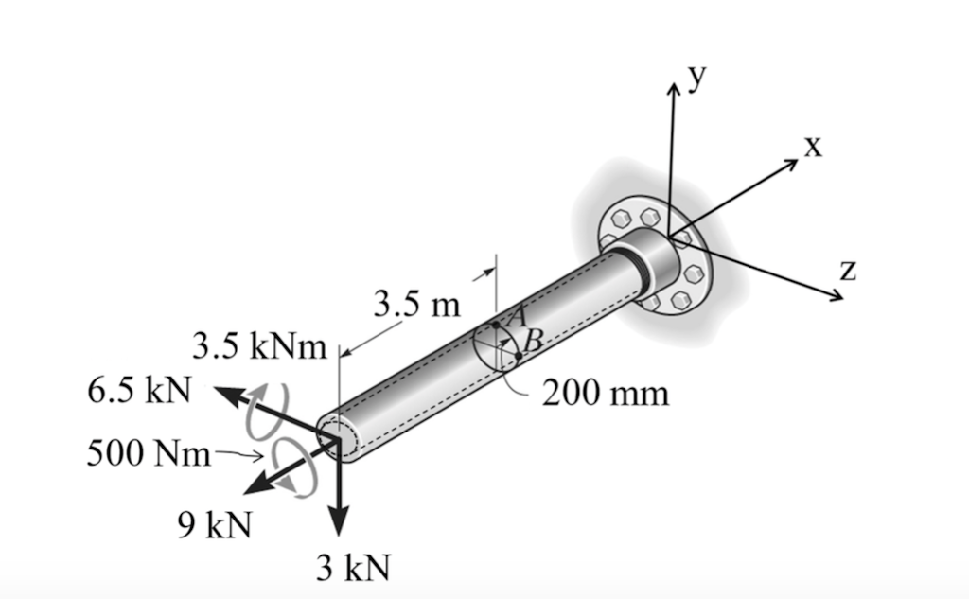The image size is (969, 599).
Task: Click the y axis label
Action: pos(697,78)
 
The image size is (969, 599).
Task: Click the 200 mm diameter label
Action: pos(606,392)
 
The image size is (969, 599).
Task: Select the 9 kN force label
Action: pos(214,523)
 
